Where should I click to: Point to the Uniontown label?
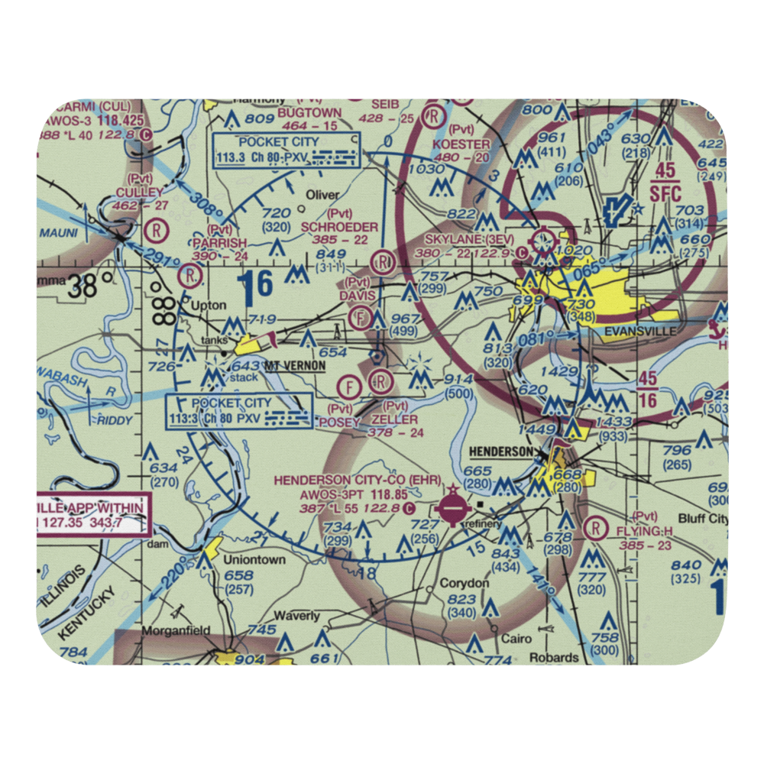(x=254, y=559)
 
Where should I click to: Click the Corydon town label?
(x=465, y=583)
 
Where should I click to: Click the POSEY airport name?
(x=339, y=420)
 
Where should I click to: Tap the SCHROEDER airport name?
(x=339, y=227)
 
